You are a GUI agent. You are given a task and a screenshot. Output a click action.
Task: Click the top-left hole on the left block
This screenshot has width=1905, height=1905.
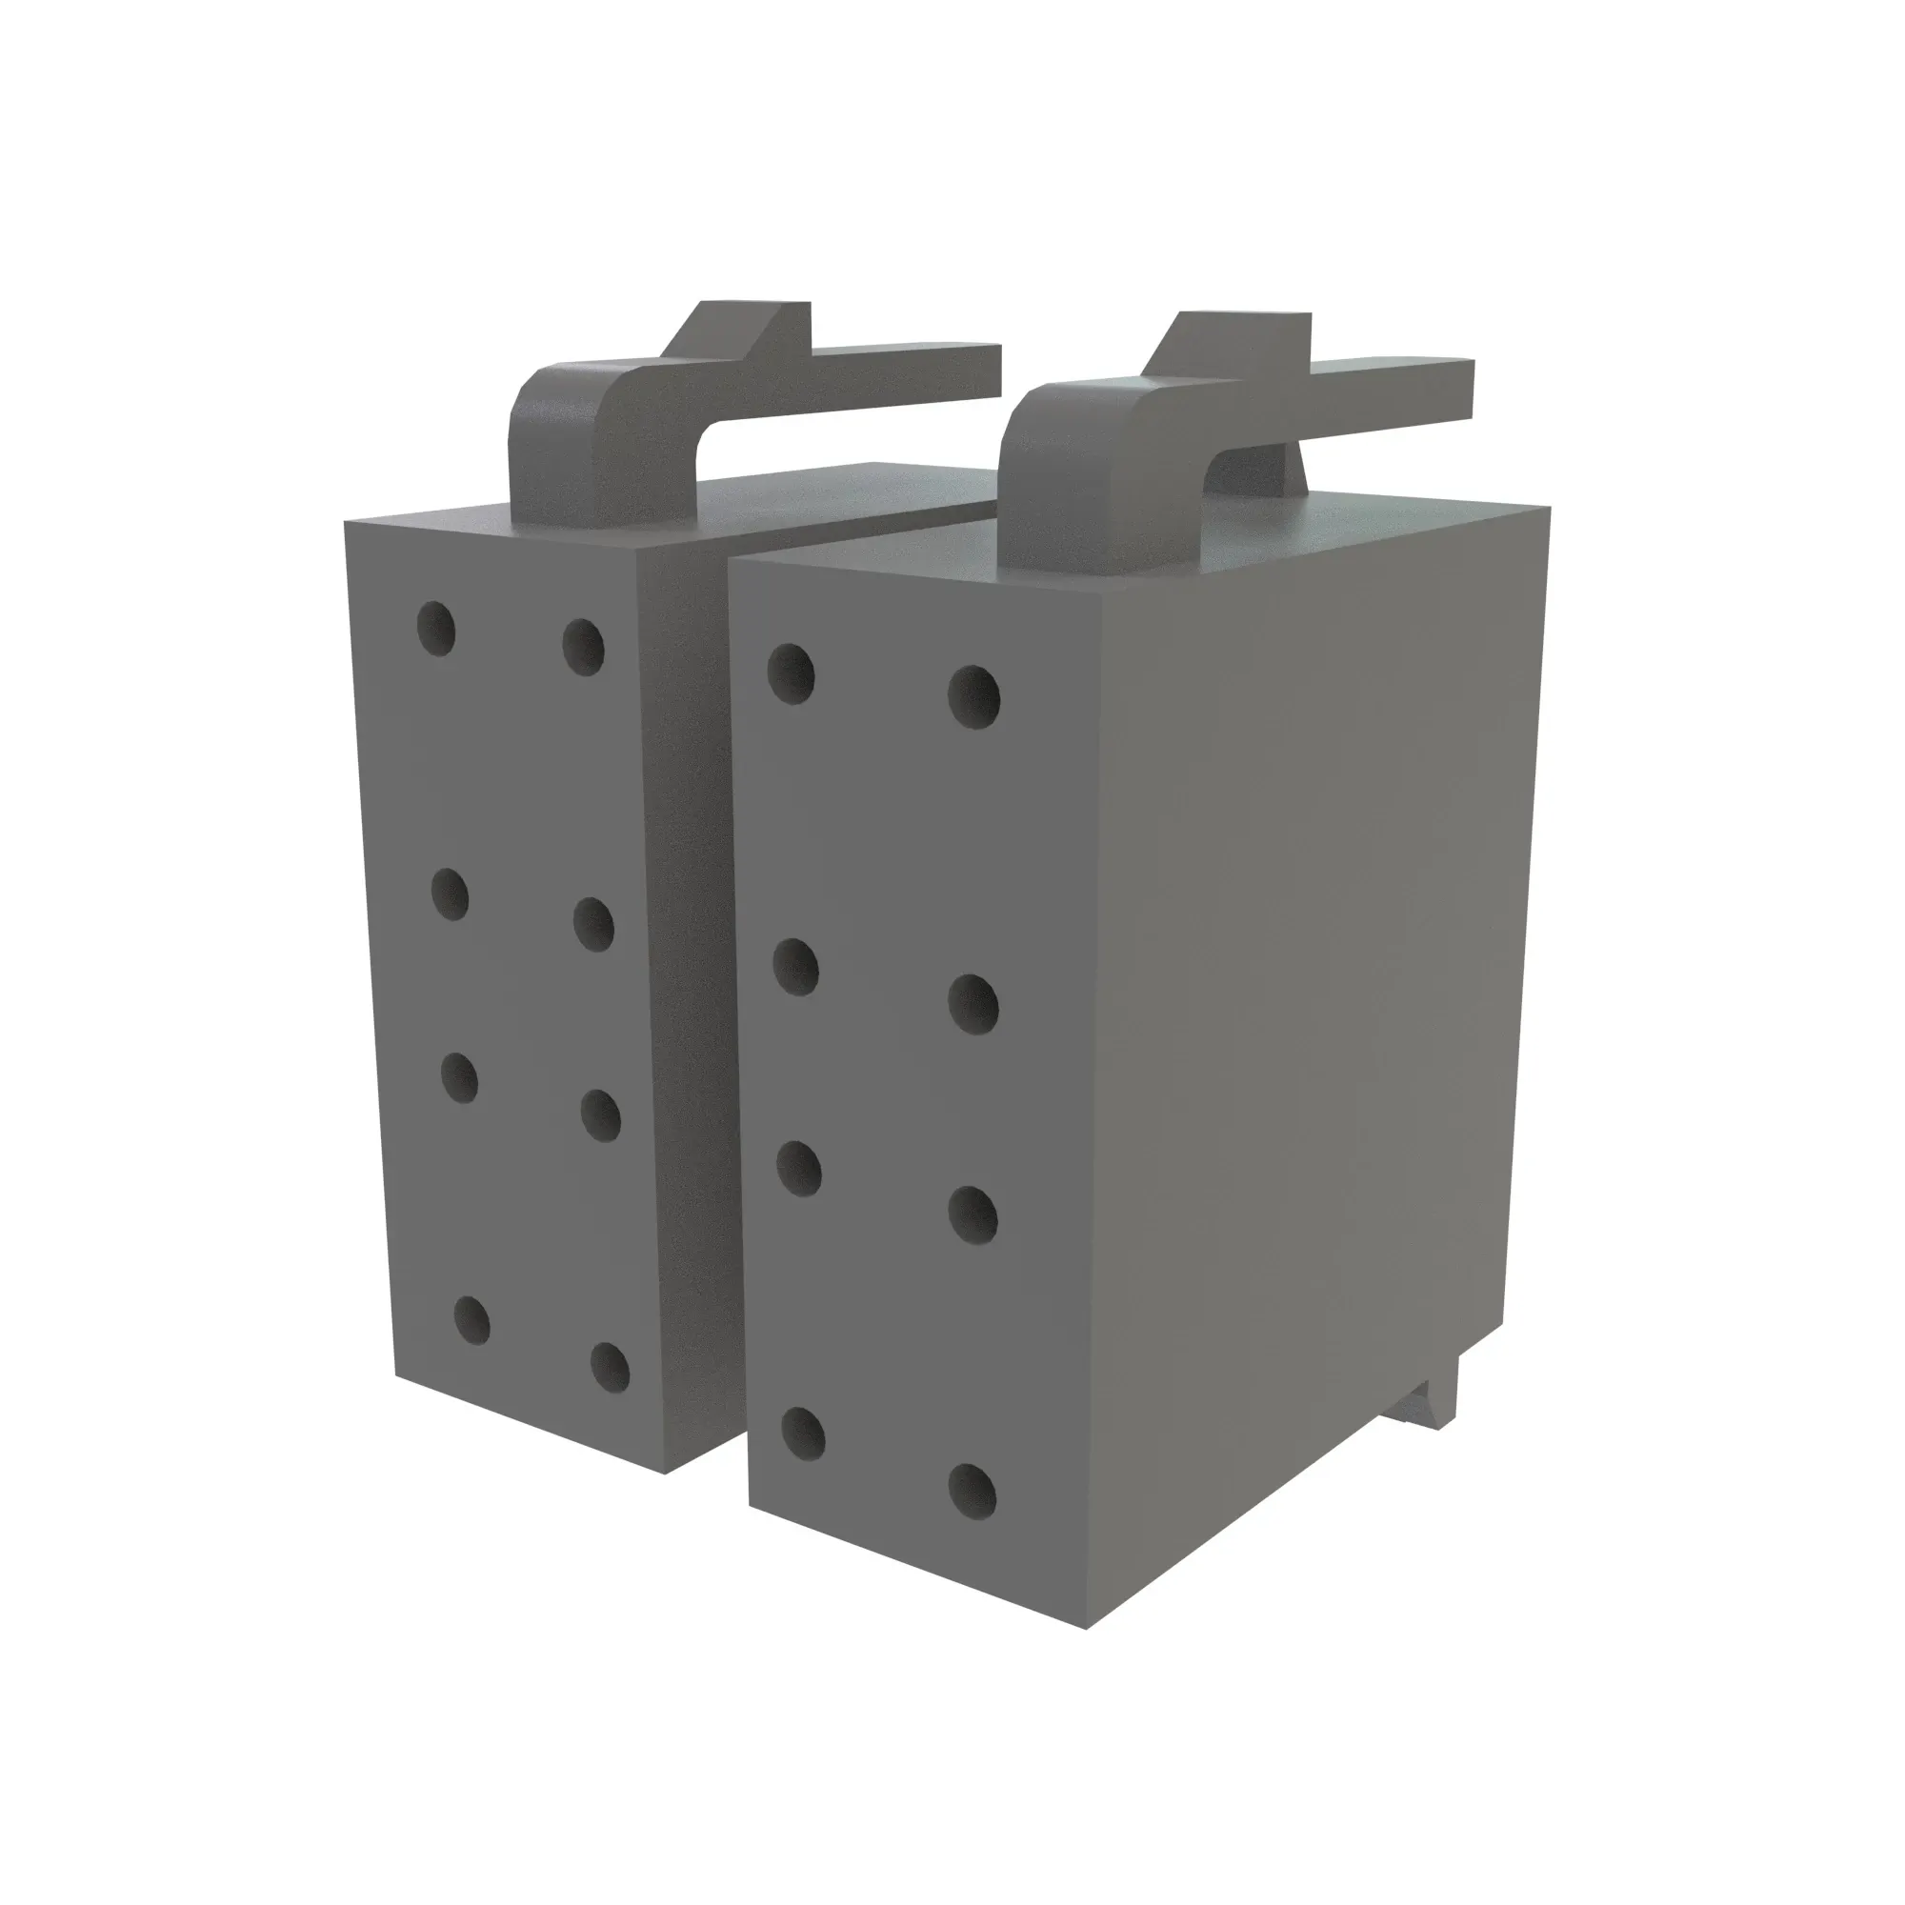tap(436, 628)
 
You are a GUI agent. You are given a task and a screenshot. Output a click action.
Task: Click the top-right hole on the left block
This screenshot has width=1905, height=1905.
tap(583, 646)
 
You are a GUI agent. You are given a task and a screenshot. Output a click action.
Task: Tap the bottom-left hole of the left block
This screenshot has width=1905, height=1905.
tap(471, 1321)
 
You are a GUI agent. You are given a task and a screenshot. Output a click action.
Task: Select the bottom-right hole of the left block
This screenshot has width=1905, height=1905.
tap(611, 1367)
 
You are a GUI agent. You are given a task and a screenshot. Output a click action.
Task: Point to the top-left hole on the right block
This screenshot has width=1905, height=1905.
tap(791, 673)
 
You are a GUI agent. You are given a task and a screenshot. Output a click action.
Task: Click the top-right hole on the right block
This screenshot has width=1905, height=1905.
tap(973, 696)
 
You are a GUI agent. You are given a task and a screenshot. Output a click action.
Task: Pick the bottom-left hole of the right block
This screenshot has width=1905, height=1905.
tap(804, 1434)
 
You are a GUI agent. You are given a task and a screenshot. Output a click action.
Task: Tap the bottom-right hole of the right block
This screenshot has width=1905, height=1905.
tap(973, 1491)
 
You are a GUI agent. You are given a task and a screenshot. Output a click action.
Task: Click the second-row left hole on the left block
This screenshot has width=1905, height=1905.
tap(451, 894)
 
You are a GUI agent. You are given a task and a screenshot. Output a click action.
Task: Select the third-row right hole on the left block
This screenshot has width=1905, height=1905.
tap(599, 1115)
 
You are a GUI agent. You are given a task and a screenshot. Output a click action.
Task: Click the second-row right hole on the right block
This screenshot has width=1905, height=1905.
tap(973, 1003)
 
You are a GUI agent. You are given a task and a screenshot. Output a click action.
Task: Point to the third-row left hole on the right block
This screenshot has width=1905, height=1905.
tap(800, 1169)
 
